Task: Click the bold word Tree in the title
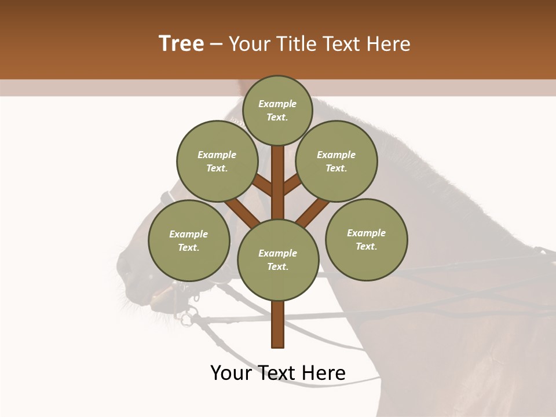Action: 181,43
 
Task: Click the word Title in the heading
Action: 295,43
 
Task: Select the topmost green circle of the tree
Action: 278,110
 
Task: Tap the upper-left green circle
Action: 217,161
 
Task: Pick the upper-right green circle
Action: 336,161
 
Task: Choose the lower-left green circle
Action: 189,240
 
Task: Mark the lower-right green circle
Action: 367,239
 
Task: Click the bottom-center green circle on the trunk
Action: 278,259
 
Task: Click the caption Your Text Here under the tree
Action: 278,373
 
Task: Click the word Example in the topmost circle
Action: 277,104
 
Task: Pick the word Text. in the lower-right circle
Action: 366,246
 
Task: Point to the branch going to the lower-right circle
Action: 313,212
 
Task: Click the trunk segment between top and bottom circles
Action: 278,182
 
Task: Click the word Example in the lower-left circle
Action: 188,234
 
